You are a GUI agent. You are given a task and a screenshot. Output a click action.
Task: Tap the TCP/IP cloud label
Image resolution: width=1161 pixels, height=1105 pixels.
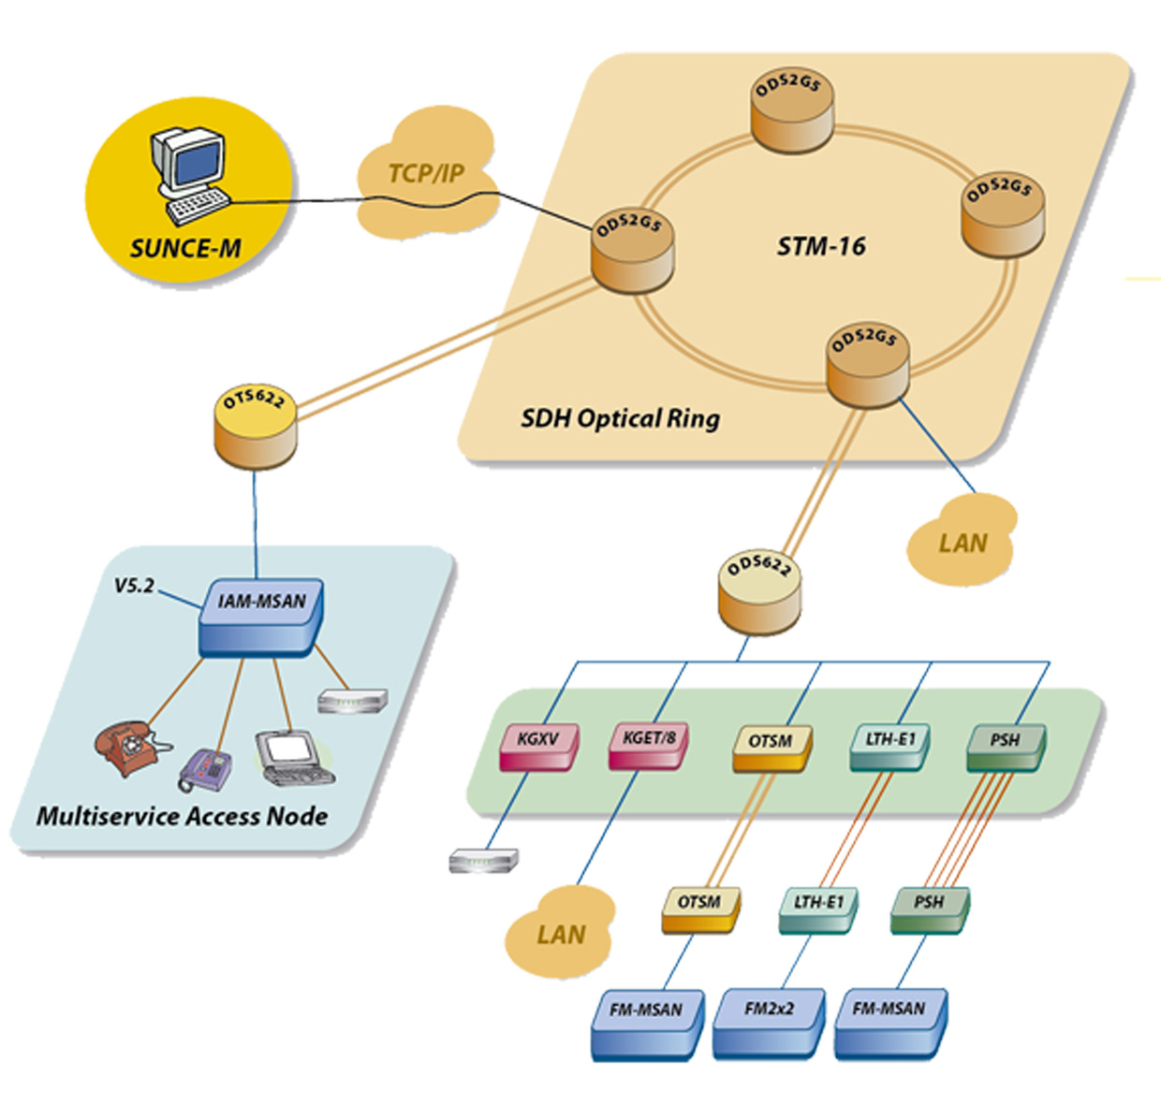(426, 174)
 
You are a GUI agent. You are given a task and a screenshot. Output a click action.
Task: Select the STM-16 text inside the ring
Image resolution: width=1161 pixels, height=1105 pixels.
(821, 247)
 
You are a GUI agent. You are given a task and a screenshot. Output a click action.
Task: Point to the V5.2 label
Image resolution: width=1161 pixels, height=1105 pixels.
(133, 586)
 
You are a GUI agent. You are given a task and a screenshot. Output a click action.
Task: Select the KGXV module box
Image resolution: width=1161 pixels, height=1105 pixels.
(538, 746)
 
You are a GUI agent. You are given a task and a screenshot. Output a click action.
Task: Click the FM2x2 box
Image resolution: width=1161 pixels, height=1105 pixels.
(769, 1022)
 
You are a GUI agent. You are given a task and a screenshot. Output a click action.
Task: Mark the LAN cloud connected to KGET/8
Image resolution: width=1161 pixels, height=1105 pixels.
(560, 934)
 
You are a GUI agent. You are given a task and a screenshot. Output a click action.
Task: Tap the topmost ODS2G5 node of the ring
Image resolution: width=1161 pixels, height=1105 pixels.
(791, 112)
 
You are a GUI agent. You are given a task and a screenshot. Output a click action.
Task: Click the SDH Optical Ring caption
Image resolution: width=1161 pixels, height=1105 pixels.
(620, 418)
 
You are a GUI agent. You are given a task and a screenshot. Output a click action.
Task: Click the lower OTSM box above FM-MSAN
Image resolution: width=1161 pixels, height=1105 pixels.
(699, 909)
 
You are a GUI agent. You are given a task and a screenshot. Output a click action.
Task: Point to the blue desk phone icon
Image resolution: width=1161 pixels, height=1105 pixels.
(206, 769)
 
